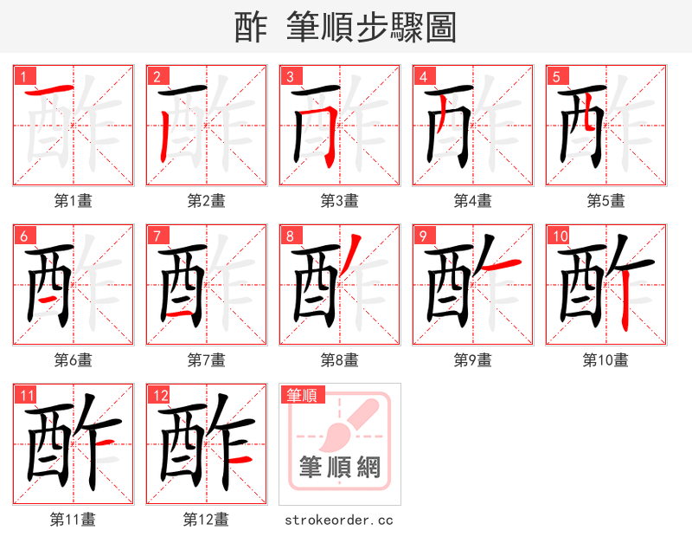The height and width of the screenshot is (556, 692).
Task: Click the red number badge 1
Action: click(22, 76)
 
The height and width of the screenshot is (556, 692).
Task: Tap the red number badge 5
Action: click(555, 76)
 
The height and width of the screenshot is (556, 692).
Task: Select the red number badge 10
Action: click(560, 236)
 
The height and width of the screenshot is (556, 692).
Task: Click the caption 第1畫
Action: click(74, 201)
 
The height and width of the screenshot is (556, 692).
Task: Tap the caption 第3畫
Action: click(339, 201)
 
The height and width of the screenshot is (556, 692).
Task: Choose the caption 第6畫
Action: click(74, 360)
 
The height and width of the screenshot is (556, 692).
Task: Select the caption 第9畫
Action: click(472, 360)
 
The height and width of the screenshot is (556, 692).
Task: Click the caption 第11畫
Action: click(74, 520)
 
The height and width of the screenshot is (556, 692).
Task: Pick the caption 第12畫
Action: click(206, 520)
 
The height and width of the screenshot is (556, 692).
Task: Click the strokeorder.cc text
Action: click(339, 520)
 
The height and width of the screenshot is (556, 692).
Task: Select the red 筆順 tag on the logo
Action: click(302, 395)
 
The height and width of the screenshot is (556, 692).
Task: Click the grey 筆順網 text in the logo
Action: click(340, 467)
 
